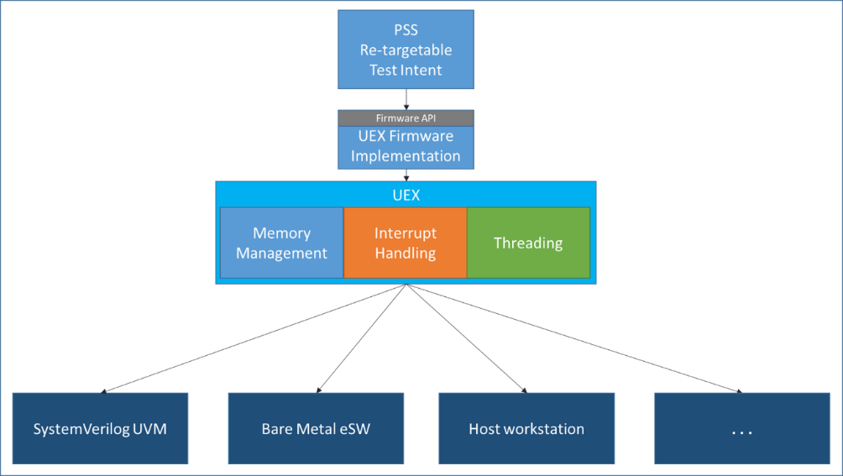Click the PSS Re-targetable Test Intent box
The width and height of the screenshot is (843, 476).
406,50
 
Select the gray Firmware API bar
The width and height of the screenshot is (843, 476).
406,118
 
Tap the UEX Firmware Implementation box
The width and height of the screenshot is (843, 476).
406,147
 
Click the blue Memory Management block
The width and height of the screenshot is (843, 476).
282,243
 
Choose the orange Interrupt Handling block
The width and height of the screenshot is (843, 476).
406,243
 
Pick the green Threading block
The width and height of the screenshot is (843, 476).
528,243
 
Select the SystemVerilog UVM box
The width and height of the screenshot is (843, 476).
101,428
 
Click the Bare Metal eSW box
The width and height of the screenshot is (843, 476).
316,428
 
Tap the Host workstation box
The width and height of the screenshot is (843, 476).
526,428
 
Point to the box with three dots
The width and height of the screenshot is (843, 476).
742,428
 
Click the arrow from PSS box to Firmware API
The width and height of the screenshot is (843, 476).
406,99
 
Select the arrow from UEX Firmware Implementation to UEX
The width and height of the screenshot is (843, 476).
406,175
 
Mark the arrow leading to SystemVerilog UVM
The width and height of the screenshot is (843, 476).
254,338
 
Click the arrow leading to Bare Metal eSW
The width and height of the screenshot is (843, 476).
362,338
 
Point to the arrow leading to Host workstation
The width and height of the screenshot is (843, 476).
467,338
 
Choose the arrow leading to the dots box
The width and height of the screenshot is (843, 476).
574,338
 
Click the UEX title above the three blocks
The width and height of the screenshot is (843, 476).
406,195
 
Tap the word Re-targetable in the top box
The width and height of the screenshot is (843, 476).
406,50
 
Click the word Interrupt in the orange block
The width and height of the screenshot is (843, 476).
406,233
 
